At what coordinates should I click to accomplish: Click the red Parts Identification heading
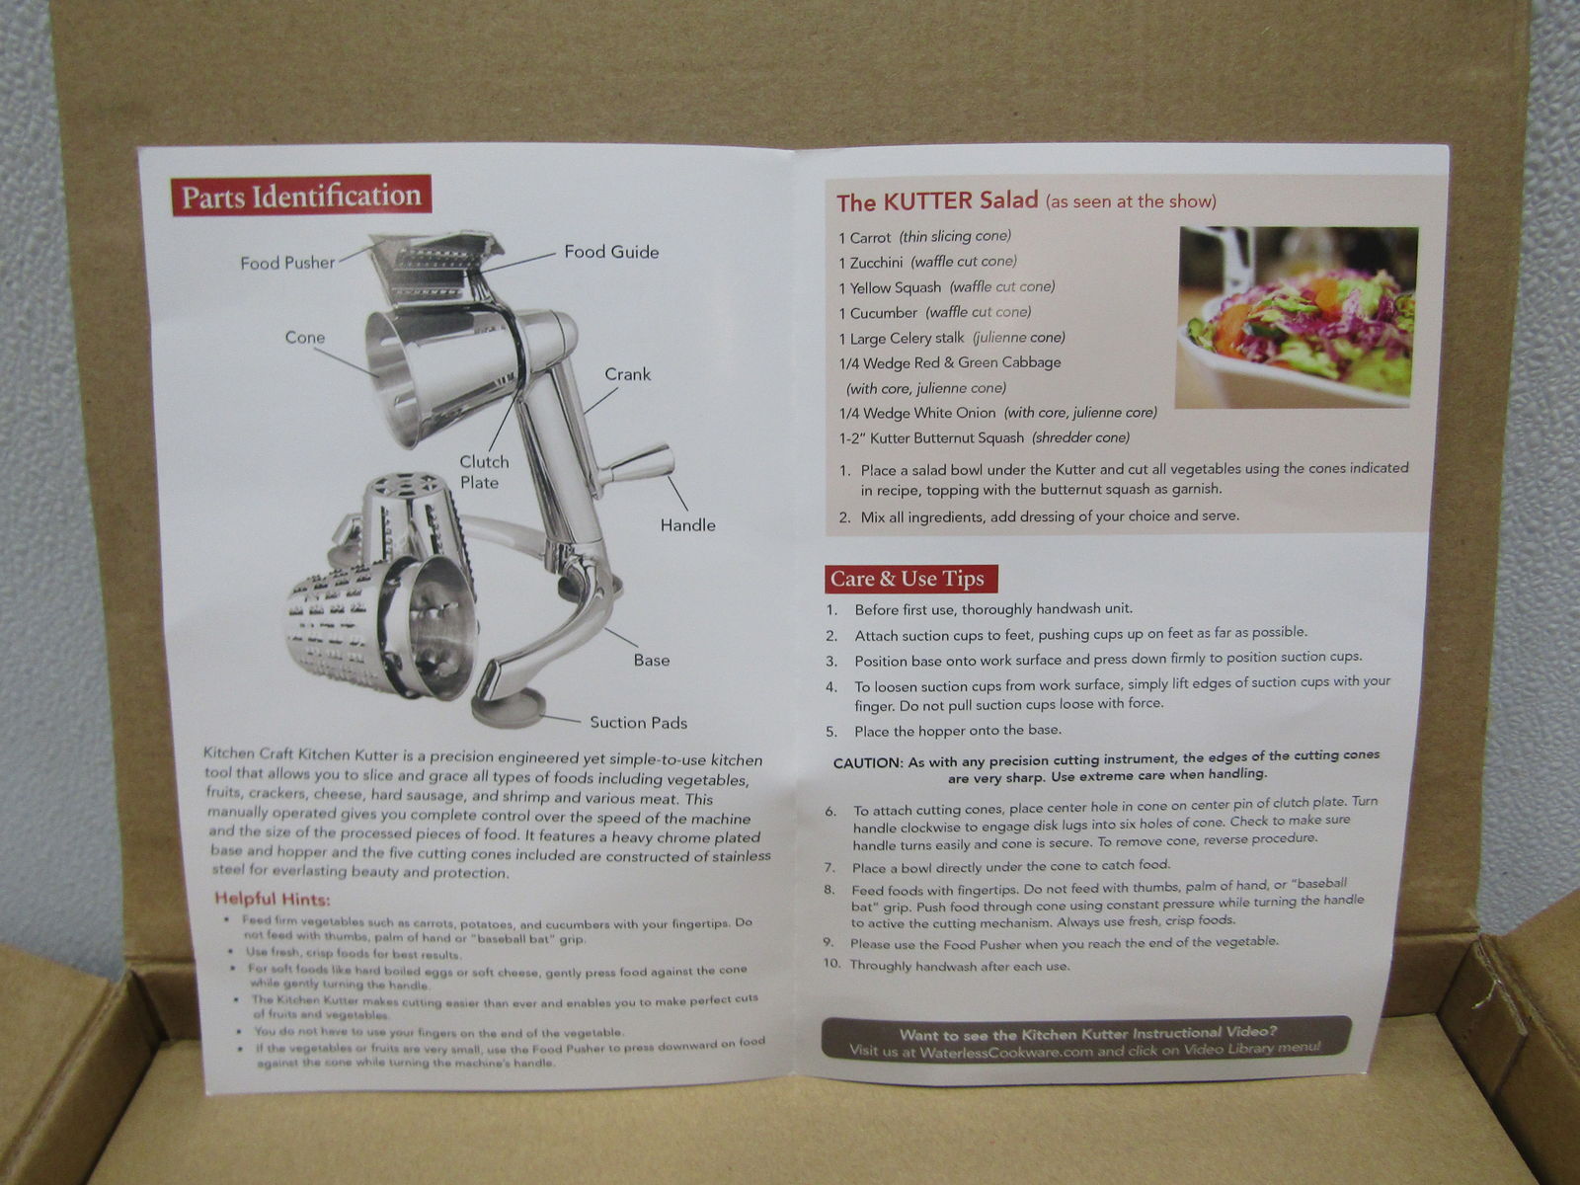(300, 196)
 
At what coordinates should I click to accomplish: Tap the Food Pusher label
(286, 263)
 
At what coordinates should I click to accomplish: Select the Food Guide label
(611, 252)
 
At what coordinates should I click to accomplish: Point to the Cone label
(304, 338)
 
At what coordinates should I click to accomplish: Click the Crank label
(627, 374)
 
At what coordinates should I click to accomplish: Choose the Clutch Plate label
(484, 472)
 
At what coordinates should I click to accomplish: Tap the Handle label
(687, 525)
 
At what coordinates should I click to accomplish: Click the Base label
(651, 660)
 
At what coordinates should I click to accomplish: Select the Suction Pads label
(638, 722)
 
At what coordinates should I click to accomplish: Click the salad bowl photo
(1298, 316)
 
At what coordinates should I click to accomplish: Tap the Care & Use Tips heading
(908, 579)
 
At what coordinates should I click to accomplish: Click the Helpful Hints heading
(273, 899)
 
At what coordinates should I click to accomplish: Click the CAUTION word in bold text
(867, 763)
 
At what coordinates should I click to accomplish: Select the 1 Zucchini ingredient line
(926, 262)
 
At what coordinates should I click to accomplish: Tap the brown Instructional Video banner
(1085, 1040)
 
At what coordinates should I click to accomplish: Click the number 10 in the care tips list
(831, 964)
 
